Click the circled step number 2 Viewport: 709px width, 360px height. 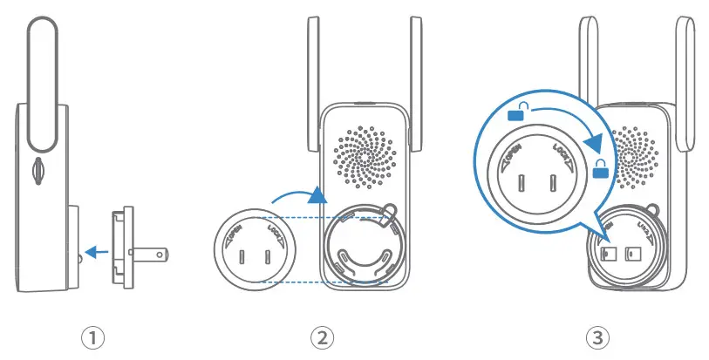322,336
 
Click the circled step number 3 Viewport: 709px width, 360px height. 597,336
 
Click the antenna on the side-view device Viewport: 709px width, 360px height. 44,83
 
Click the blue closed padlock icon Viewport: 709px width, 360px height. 601,171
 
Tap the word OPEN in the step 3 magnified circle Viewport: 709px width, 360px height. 512,154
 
